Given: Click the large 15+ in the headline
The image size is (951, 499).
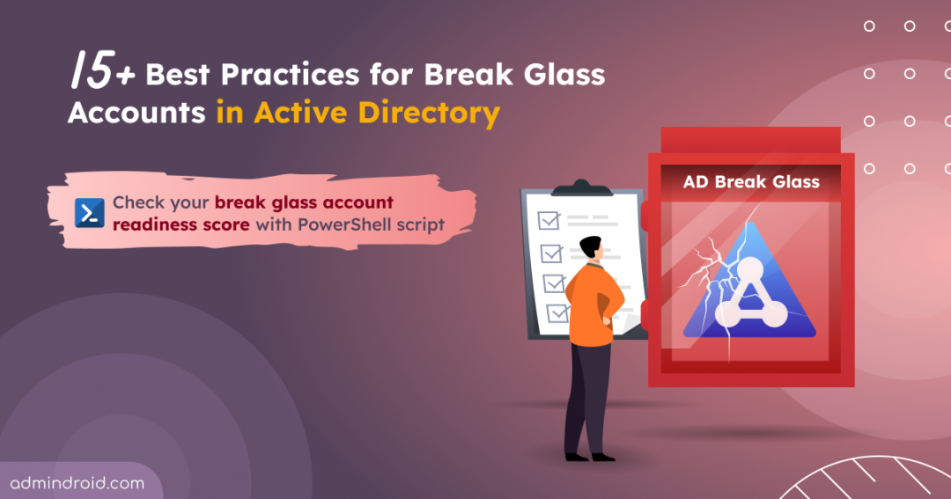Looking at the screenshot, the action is (x=102, y=70).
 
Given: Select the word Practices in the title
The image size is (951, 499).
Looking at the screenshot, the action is (x=290, y=75).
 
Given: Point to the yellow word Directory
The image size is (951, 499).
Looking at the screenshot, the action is (x=429, y=113).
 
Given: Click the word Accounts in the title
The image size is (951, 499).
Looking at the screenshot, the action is (x=136, y=113).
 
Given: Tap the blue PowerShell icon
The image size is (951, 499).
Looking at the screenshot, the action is (x=90, y=213).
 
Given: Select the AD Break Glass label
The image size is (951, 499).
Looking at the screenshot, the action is (x=751, y=182).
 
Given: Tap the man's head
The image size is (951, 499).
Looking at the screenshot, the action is (x=591, y=248).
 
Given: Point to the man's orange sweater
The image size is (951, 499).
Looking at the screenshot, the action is (x=593, y=305).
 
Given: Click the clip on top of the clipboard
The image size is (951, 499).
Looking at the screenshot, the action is (x=582, y=188).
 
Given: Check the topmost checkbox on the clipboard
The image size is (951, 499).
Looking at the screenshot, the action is (x=549, y=220).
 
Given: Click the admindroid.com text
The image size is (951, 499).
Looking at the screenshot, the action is (x=77, y=483).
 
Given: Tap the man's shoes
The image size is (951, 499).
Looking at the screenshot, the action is (x=589, y=457).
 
